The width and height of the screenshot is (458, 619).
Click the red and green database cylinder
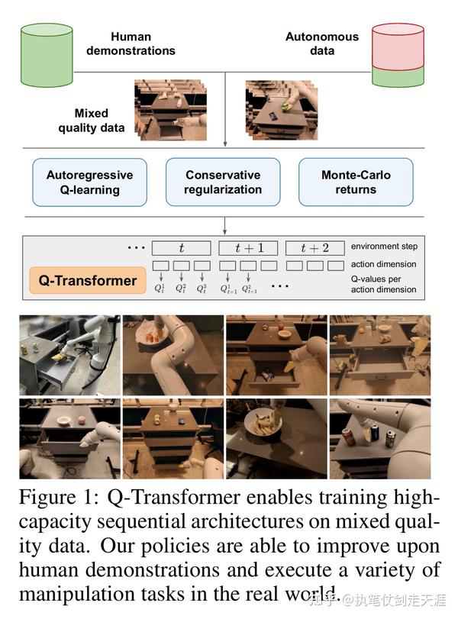[398, 55]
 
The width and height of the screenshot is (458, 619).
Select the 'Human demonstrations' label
[131, 44]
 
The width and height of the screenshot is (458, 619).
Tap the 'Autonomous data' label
[321, 44]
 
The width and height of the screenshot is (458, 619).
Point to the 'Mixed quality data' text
[91, 121]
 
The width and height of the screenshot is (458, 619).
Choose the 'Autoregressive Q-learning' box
[89, 182]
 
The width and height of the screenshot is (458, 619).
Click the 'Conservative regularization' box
[222, 182]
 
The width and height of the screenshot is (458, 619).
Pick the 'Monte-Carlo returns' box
[355, 182]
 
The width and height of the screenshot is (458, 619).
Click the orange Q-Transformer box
[88, 280]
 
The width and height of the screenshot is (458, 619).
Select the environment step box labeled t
[181, 248]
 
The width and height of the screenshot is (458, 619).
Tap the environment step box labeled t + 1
[248, 248]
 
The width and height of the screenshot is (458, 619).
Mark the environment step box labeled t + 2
[314, 248]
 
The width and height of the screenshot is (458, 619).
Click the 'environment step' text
[384, 247]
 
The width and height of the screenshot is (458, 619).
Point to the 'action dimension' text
[384, 264]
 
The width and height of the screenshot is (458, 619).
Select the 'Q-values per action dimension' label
[384, 284]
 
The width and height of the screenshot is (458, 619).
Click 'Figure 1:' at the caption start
[61, 498]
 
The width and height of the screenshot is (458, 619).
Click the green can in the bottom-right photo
[390, 439]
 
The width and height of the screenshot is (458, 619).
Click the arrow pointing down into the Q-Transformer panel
[225, 227]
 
